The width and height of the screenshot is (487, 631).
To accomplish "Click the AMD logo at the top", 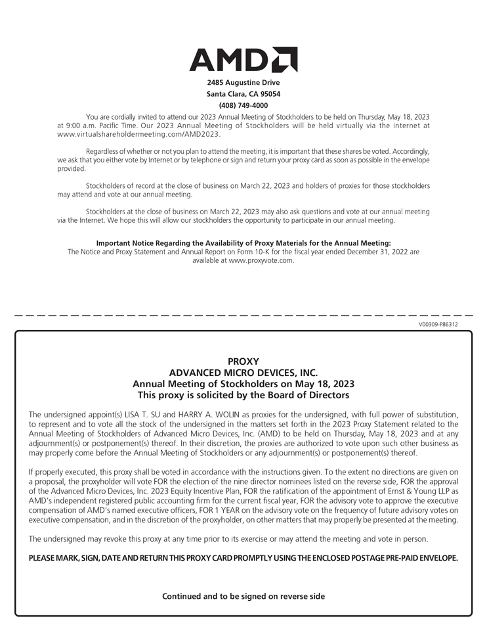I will [243, 60].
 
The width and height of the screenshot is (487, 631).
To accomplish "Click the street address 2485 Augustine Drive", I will [243, 83].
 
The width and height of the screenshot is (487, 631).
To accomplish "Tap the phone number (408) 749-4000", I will [243, 105].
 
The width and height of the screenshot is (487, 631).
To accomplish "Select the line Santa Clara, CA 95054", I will [243, 94].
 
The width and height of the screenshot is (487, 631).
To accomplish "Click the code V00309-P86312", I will [438, 324].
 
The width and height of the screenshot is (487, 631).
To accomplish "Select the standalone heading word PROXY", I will [243, 362].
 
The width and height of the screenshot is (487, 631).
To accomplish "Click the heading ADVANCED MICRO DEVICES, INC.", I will [243, 373].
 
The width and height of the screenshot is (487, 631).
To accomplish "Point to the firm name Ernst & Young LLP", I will [401, 490].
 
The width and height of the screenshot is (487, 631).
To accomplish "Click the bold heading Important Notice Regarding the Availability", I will [243, 243].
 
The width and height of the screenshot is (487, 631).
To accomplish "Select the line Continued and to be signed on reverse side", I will [243, 596].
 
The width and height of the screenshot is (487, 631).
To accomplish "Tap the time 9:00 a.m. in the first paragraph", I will [77, 125].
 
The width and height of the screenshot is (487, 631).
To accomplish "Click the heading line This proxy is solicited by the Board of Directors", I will [243, 395].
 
